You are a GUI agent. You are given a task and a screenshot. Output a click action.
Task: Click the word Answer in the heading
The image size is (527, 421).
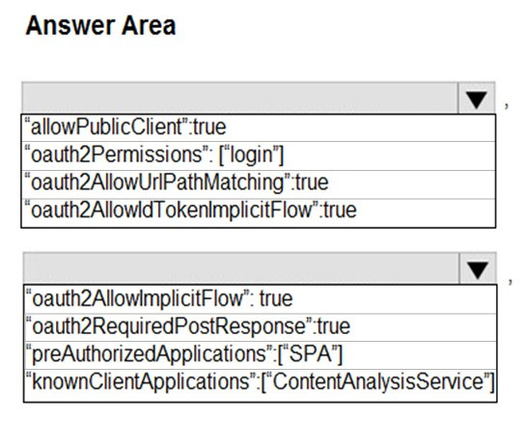pyautogui.click(x=70, y=25)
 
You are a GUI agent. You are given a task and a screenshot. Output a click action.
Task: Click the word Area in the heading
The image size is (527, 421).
pyautogui.click(x=149, y=25)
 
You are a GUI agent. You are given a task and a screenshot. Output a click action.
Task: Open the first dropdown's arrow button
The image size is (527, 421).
pyautogui.click(x=476, y=98)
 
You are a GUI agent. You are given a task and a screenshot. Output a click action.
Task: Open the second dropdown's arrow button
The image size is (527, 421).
pyautogui.click(x=478, y=268)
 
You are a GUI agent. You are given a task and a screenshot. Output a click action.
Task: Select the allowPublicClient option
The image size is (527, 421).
pyautogui.click(x=125, y=127)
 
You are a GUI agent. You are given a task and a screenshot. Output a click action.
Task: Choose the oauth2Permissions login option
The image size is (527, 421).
pyautogui.click(x=154, y=155)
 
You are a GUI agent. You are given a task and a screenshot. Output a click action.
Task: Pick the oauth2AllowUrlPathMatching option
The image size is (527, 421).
pyautogui.click(x=177, y=182)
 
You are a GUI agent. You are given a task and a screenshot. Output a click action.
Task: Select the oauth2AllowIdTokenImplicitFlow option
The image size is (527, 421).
pyautogui.click(x=190, y=210)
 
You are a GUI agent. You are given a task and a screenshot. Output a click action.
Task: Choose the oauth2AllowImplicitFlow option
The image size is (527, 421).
pyautogui.click(x=159, y=298)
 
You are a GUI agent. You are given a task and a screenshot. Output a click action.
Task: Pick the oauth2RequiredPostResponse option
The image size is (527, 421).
pyautogui.click(x=188, y=326)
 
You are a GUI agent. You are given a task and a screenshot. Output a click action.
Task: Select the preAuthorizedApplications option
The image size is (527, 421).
pyautogui.click(x=184, y=354)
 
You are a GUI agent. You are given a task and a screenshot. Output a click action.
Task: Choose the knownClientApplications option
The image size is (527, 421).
pyautogui.click(x=261, y=382)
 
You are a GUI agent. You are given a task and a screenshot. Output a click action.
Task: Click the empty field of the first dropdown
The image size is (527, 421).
pyautogui.click(x=239, y=98)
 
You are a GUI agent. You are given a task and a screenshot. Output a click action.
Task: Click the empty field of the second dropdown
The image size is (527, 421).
pyautogui.click(x=241, y=268)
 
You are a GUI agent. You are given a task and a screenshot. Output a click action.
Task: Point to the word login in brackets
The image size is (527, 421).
pyautogui.click(x=251, y=155)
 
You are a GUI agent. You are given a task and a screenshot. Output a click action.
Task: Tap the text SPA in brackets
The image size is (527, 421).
pyautogui.click(x=310, y=353)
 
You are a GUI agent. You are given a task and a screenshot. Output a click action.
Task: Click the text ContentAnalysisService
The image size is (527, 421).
pyautogui.click(x=378, y=382)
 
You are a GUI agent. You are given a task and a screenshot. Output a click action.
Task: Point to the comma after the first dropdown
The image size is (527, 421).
pyautogui.click(x=507, y=105)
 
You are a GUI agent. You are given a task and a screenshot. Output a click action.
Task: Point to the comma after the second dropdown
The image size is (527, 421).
pyautogui.click(x=511, y=281)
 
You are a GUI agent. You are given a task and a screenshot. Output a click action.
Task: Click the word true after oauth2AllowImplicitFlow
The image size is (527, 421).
pyautogui.click(x=276, y=299)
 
